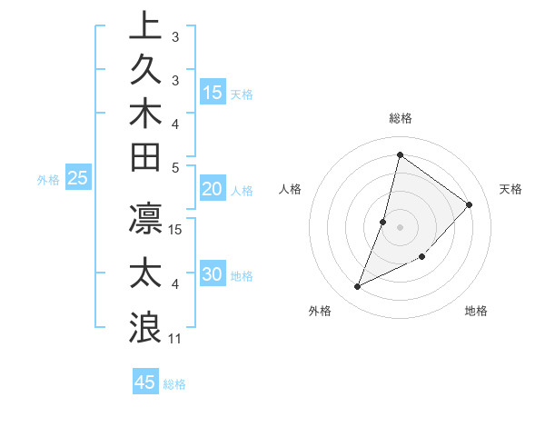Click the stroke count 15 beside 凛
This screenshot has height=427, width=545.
176,229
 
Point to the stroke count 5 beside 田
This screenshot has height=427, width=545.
175,167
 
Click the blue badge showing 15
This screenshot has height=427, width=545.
213,92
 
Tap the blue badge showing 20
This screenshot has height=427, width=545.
213,189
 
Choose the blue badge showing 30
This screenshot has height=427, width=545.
213,275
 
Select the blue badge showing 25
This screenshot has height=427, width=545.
78,178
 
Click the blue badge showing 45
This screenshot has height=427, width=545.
145,382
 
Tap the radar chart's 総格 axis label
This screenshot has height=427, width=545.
400,118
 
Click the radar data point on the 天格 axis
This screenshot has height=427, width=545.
469,204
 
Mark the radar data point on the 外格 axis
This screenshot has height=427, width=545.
358,286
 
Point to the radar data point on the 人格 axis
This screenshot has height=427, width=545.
383,222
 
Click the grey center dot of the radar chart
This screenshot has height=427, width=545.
400,227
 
